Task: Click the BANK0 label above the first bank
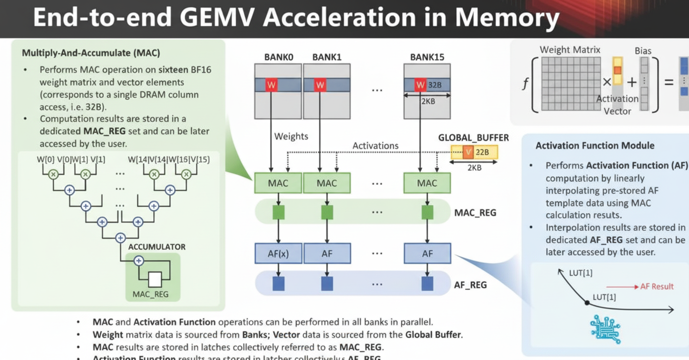[x=278, y=57]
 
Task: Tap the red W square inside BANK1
[x=320, y=85]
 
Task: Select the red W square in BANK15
[x=420, y=85]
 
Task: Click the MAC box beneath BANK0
[x=278, y=183]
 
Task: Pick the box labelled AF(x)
[x=278, y=253]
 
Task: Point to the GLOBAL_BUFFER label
[x=473, y=138]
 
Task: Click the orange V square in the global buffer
[x=468, y=152]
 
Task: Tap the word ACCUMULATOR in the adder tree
[x=157, y=247]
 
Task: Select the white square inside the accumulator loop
[x=155, y=279]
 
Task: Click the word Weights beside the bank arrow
[x=291, y=136]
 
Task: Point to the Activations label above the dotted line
[x=375, y=145]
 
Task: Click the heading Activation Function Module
[x=595, y=145]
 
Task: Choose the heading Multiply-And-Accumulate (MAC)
[x=91, y=52]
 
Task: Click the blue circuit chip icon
[x=605, y=328]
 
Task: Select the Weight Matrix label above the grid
[x=570, y=49]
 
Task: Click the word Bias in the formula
[x=643, y=51]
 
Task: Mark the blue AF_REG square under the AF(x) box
[x=278, y=284]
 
